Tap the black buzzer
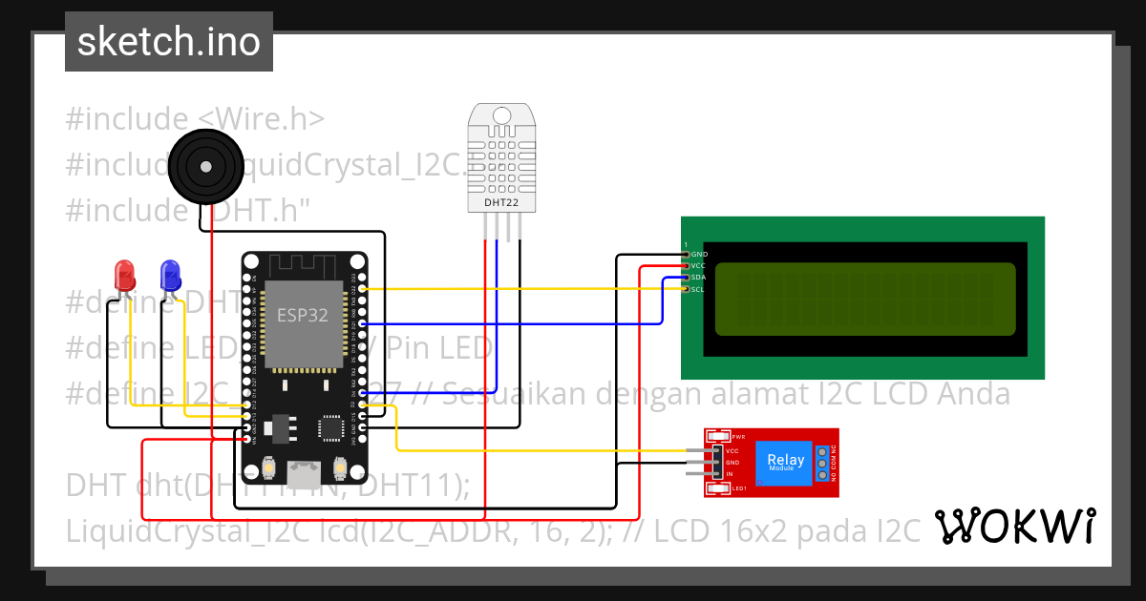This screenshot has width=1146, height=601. [204, 165]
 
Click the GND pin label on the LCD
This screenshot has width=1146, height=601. [699, 255]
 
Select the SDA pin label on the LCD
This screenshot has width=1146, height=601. [698, 278]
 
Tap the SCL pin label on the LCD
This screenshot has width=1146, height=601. [698, 289]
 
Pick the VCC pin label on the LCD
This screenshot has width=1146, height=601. [698, 266]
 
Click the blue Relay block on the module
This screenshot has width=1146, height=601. [781, 462]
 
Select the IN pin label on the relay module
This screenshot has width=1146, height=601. [730, 474]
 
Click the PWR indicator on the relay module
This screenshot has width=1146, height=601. [737, 436]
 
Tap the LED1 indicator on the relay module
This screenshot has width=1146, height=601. [737, 489]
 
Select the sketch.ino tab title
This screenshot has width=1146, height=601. [169, 42]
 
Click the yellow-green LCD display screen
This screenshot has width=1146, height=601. [864, 300]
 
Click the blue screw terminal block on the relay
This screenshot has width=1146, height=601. [821, 462]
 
